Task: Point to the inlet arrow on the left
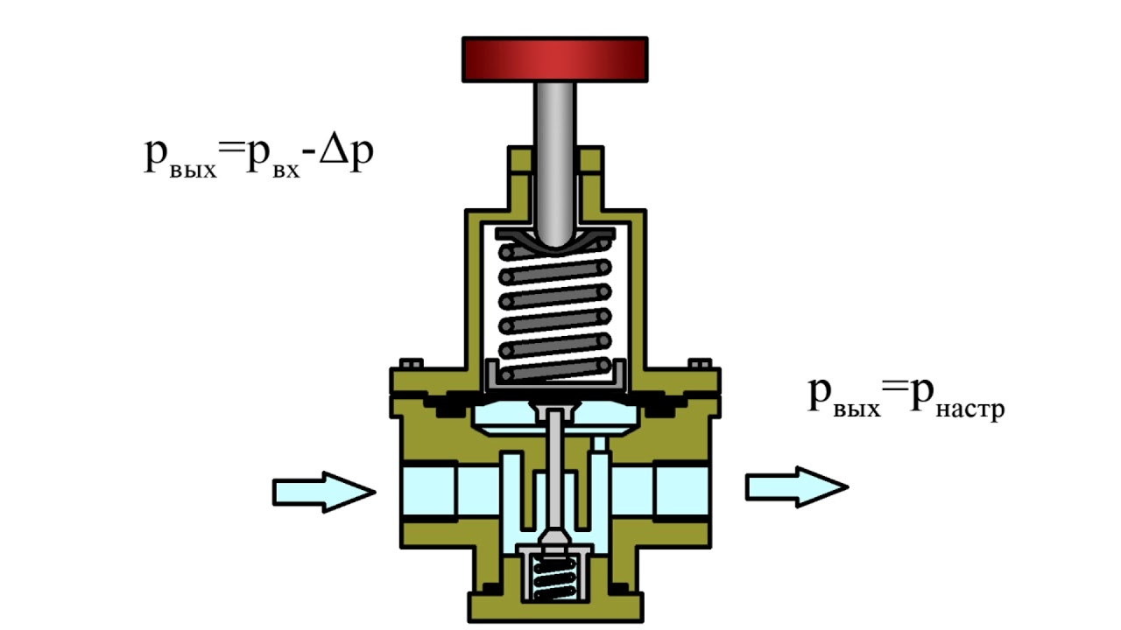[x=323, y=491]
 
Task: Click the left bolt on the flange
[x=409, y=363]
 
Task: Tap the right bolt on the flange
[x=701, y=363]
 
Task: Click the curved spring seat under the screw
[x=554, y=238]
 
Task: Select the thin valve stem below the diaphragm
[x=554, y=472]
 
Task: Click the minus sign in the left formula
[x=309, y=160]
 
